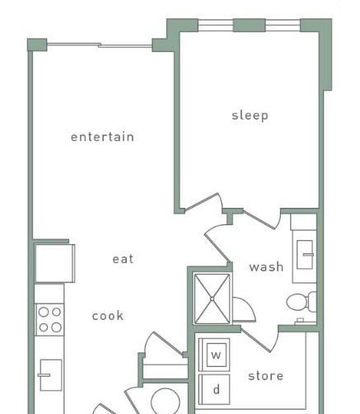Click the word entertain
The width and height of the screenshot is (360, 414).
click(102, 137)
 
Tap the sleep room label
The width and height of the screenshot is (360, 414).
click(250, 115)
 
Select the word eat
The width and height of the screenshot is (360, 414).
click(123, 259)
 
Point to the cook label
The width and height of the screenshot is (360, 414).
click(108, 316)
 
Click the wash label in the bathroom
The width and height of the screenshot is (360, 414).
click(266, 267)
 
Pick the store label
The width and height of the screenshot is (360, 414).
click(265, 376)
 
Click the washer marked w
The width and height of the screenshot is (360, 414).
click(214, 355)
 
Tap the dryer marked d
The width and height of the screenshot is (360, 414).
click(214, 389)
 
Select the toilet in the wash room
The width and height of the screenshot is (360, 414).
click(302, 302)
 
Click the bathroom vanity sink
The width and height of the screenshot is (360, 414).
click(305, 255)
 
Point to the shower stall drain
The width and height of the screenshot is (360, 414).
click(212, 299)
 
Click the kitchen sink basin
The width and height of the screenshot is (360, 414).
click(50, 375)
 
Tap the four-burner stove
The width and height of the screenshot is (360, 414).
click(49, 320)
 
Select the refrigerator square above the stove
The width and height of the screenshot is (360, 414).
click(54, 263)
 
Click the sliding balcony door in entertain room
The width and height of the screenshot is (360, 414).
click(100, 45)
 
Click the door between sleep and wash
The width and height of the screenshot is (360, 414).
click(261, 219)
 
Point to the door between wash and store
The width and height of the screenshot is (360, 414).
click(259, 340)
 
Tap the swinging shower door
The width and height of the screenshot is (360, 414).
click(243, 309)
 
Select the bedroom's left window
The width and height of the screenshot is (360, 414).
click(216, 26)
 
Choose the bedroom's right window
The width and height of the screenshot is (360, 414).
click(283, 26)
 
